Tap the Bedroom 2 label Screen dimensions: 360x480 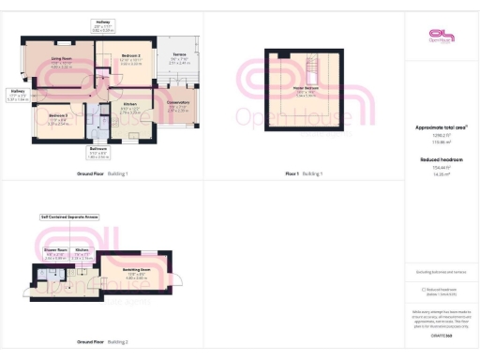click(130, 56)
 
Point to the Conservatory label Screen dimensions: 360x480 click(177, 102)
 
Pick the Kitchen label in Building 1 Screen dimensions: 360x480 click(131, 104)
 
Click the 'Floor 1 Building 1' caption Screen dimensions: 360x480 click(305, 174)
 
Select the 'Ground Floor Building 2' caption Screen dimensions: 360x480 click(102, 342)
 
